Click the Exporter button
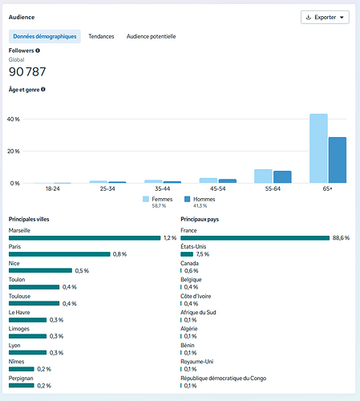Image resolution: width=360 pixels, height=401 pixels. click(325, 18)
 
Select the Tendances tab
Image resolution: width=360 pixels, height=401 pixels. click(101, 36)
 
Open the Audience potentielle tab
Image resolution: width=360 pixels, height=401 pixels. click(151, 36)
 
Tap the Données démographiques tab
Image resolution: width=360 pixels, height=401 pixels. click(45, 36)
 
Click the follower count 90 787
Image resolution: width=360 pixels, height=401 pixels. click(27, 71)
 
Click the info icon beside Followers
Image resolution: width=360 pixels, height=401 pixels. click(38, 51)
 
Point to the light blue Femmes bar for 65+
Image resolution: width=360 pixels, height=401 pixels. click(318, 148)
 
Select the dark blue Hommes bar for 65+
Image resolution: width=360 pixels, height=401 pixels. click(338, 160)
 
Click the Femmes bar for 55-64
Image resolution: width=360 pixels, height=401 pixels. click(263, 176)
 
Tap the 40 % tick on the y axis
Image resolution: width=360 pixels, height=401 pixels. click(14, 119)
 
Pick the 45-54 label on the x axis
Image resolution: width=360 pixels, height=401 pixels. click(217, 188)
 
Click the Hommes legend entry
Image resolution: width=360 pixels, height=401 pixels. click(200, 202)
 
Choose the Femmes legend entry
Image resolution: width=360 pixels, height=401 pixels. click(158, 202)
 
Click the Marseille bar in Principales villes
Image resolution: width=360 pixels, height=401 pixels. click(84, 238)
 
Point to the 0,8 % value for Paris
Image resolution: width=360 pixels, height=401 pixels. click(119, 254)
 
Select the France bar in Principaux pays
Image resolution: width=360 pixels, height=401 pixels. click(255, 238)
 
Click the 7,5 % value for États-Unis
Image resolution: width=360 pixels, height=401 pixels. click(203, 254)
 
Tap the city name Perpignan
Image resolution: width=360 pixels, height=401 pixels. click(21, 379)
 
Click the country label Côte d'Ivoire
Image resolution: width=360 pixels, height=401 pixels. click(196, 296)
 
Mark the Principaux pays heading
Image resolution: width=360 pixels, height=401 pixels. click(200, 220)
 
